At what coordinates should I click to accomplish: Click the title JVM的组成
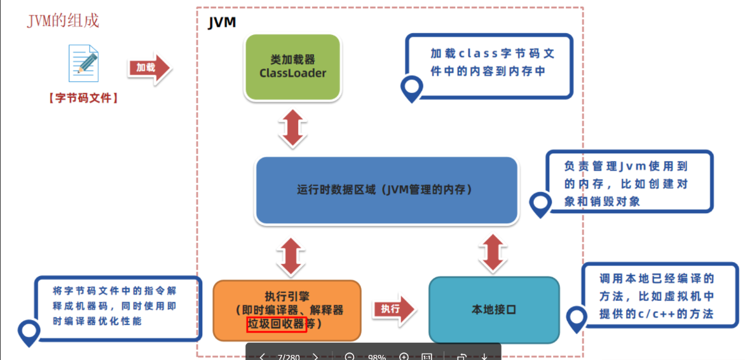click(63, 20)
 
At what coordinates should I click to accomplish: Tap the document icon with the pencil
click(83, 62)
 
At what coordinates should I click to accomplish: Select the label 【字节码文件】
click(83, 98)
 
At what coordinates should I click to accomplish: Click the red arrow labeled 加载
click(149, 68)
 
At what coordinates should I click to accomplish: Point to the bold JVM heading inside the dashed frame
click(222, 23)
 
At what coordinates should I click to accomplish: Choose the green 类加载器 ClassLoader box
click(293, 67)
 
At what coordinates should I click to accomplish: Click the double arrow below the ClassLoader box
click(292, 129)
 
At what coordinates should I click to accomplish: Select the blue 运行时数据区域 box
click(386, 190)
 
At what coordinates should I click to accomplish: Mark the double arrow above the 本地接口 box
click(493, 252)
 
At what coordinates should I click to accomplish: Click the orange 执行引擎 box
click(287, 309)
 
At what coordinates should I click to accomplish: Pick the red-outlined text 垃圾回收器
click(277, 325)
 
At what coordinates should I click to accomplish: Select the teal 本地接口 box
click(494, 310)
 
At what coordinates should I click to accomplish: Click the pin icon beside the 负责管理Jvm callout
click(540, 205)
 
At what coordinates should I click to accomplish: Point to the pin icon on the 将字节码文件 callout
click(29, 332)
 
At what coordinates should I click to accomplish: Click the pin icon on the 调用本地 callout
click(576, 319)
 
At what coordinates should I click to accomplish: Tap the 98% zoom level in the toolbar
click(376, 357)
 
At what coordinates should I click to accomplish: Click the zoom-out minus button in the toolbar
click(349, 357)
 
